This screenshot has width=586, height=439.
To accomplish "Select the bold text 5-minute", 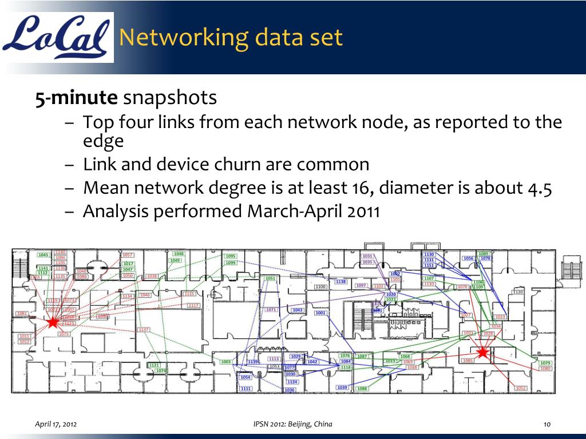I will pyautogui.click(x=76, y=98).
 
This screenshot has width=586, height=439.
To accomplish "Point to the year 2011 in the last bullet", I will pyautogui.click(x=363, y=211).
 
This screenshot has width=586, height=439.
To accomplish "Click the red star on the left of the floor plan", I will pyautogui.click(x=53, y=322).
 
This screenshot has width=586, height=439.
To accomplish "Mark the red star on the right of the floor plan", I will pyautogui.click(x=482, y=353).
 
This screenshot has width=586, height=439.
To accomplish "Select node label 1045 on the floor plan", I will pyautogui.click(x=43, y=255).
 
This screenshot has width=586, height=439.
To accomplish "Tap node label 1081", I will pyautogui.click(x=22, y=313).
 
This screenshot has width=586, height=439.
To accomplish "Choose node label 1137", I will pyautogui.click(x=144, y=330).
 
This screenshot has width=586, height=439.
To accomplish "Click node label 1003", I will pyautogui.click(x=226, y=362).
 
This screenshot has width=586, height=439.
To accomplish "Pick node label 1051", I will pyautogui.click(x=271, y=278).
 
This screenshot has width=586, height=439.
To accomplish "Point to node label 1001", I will pyautogui.click(x=320, y=313).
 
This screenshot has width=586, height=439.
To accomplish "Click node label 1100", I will pyautogui.click(x=320, y=286).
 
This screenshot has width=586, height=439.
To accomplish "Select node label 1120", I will pyautogui.click(x=517, y=292).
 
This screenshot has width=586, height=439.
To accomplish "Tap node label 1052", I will pyautogui.click(x=521, y=388).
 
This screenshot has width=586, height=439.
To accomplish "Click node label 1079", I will pyautogui.click(x=545, y=363).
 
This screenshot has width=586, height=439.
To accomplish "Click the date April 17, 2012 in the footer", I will pyautogui.click(x=57, y=424).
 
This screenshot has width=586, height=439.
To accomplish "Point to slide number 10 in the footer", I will pyautogui.click(x=547, y=424).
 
